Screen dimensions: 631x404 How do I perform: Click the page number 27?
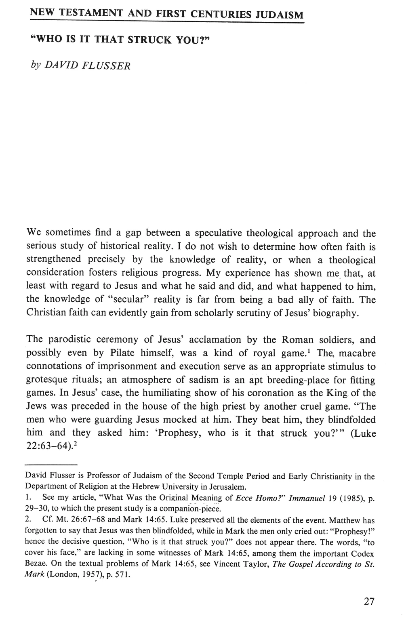(369, 602)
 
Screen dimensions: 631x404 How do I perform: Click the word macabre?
(357, 353)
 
